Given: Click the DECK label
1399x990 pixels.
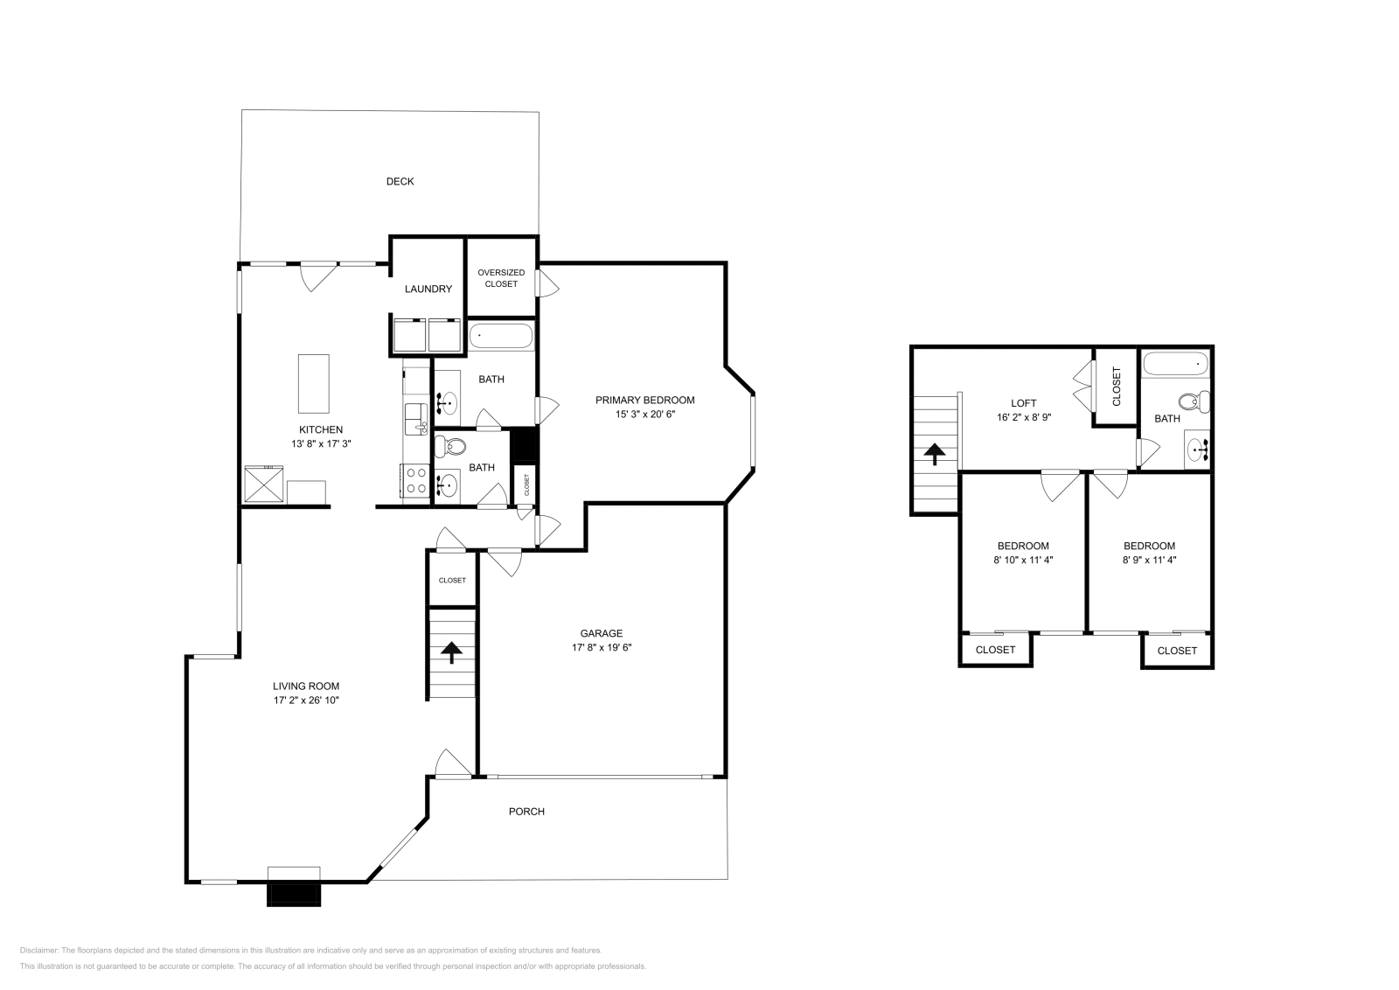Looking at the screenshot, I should [400, 182].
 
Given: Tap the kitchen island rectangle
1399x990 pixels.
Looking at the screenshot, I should [314, 383].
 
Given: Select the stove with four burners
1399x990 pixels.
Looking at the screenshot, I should [415, 481].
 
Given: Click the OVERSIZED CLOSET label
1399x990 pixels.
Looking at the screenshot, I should [501, 278].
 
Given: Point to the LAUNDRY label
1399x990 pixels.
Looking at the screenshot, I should [428, 289].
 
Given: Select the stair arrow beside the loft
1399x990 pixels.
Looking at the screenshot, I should [935, 454].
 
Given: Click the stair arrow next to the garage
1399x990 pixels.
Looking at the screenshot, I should [451, 652].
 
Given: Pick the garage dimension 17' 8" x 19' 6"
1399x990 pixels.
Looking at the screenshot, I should [602, 648].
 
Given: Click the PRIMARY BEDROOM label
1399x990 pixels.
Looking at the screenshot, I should [644, 401].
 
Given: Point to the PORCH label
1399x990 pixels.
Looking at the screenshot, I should [526, 812].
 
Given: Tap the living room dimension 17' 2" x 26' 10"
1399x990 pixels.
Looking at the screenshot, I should [306, 701].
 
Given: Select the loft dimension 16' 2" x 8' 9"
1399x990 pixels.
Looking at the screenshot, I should [1023, 417].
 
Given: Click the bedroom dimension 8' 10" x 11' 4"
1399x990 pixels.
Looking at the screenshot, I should [1023, 560].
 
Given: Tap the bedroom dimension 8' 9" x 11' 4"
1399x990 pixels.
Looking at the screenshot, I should [1149, 560].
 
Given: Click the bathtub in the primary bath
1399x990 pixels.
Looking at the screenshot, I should [501, 336].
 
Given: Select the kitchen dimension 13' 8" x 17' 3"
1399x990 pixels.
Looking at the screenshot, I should [321, 444].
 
